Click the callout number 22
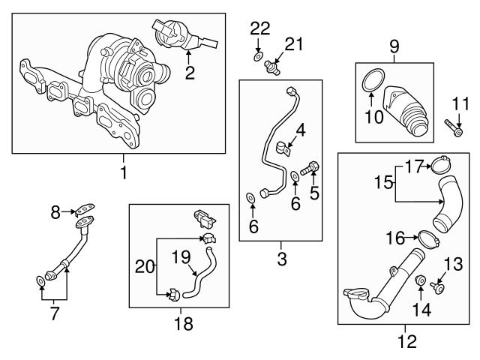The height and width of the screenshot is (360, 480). tap(260, 28)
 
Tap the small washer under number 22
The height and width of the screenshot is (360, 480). tap(258, 57)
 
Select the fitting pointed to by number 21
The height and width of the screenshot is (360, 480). tap(272, 67)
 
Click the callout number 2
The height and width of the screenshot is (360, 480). tap(190, 73)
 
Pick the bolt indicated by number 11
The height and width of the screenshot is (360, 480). tap(454, 127)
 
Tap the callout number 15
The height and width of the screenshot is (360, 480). tap(384, 182)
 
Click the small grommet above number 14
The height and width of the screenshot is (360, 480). tap(421, 280)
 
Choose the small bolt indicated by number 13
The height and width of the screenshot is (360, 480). tap(438, 287)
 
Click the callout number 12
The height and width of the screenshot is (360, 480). tap(407, 341)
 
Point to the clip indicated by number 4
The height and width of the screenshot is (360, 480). tap(283, 148)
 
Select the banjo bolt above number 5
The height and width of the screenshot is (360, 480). tap(310, 168)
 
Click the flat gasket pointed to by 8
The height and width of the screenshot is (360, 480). tap(85, 209)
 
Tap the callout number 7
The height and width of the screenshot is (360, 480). tap(54, 313)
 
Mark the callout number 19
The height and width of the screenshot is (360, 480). tap(181, 256)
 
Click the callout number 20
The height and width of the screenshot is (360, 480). tap(145, 267)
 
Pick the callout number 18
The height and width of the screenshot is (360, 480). tap(184, 324)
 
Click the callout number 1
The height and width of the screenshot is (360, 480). tap(124, 172)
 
